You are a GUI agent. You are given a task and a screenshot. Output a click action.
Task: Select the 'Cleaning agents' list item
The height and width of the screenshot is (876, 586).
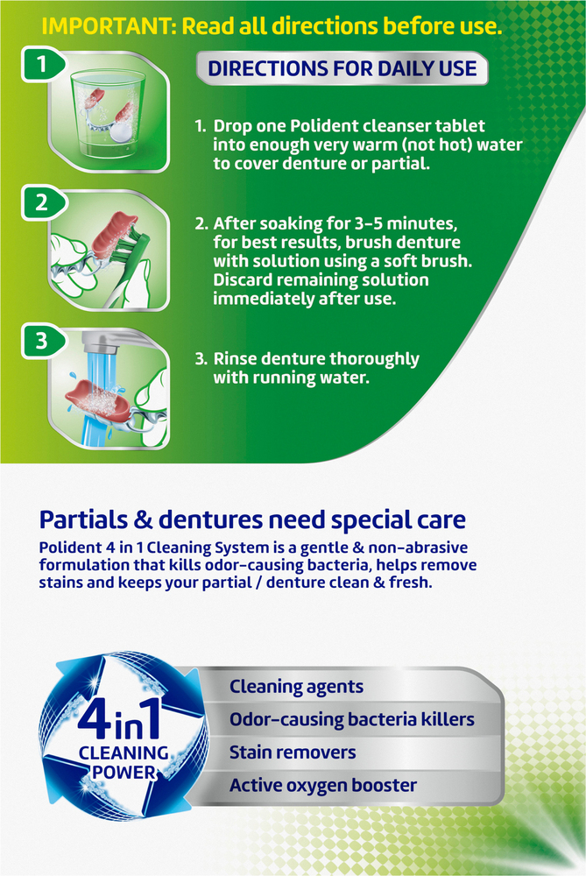point(296,687)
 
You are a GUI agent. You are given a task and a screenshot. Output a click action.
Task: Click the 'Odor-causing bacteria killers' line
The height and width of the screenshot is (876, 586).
point(351,720)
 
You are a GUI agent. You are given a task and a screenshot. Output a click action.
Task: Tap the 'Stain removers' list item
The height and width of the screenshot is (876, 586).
point(293,752)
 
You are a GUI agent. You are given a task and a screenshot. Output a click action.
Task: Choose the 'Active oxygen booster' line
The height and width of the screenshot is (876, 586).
point(322,786)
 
